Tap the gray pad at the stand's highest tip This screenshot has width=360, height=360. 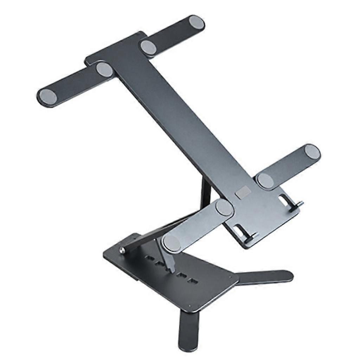pos(197,22)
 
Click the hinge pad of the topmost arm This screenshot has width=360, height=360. pos(148,47)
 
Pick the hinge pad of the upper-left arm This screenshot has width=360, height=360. pos(104,69)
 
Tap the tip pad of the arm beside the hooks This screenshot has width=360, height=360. pos(312,152)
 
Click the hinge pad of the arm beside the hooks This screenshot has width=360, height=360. pos(265,181)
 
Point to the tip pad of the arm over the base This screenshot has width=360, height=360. pos(172,243)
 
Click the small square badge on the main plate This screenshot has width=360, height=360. pos(243,192)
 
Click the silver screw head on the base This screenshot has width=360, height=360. pos(122,250)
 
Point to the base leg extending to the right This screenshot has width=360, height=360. pos(271,277)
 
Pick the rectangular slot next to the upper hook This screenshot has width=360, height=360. pos(283,200)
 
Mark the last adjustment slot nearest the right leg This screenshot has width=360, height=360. pos(192,281)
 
